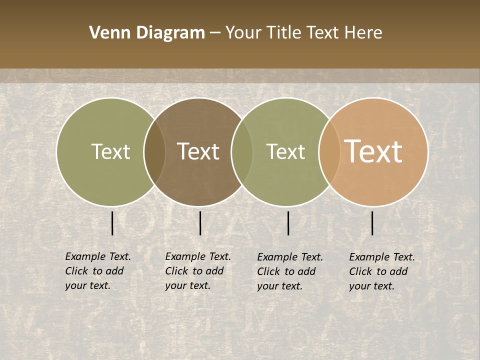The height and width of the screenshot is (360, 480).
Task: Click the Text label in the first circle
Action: (110, 151)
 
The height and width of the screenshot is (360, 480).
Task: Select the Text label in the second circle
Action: (198, 151)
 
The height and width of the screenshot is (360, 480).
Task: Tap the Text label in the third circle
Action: (285, 151)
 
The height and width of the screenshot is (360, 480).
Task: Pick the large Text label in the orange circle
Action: (373, 151)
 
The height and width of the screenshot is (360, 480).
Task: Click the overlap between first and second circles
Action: (154, 151)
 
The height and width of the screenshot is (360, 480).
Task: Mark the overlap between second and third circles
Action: (242, 151)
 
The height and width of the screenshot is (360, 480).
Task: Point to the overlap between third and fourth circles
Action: (329, 151)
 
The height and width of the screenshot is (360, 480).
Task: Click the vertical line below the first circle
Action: (112, 223)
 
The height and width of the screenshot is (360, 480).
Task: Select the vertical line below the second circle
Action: (200, 223)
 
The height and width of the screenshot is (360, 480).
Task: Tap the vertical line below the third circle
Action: (288, 223)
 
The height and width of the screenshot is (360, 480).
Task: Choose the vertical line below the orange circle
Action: (372, 223)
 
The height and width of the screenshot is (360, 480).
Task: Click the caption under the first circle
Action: (98, 271)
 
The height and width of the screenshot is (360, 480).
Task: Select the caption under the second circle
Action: (198, 271)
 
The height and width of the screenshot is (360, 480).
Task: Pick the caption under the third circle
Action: (290, 271)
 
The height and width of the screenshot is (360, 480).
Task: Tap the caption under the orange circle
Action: (382, 271)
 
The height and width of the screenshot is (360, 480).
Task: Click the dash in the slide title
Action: (215, 33)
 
